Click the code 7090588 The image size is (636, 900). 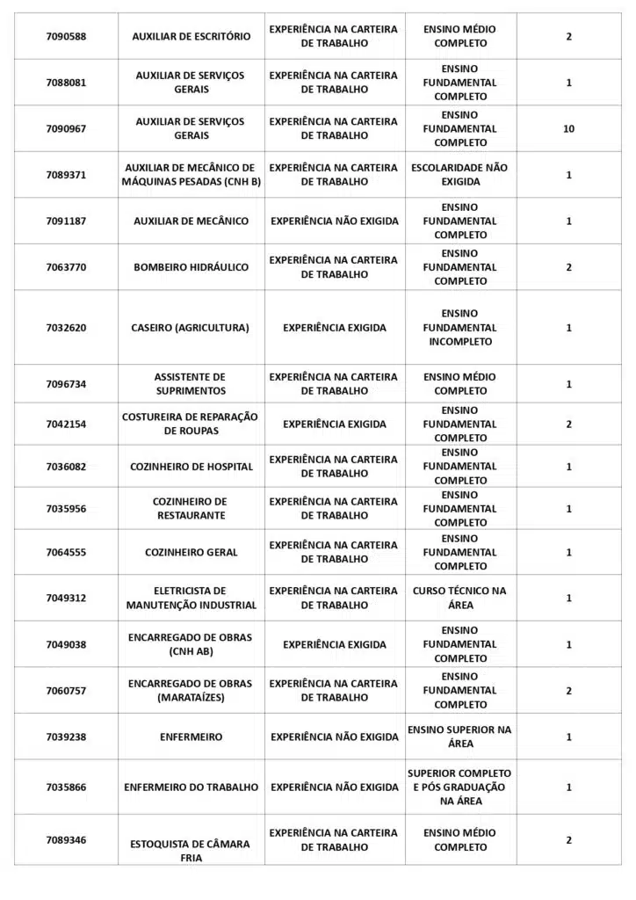click(x=66, y=36)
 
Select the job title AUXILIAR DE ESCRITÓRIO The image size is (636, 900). click(x=192, y=36)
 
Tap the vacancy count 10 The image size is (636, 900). click(x=568, y=128)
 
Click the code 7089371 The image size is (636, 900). click(x=66, y=175)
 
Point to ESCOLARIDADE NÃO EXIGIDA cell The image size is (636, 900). click(x=459, y=174)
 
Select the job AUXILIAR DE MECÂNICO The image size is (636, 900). click(x=192, y=221)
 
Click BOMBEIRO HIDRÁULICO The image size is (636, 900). click(x=192, y=267)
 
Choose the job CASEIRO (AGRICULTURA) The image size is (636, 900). click(x=191, y=328)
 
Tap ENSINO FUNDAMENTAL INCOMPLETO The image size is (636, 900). click(x=459, y=327)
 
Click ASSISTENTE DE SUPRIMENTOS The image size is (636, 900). click(x=191, y=383)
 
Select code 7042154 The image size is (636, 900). click(x=66, y=424)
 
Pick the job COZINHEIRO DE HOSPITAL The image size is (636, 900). click(x=192, y=467)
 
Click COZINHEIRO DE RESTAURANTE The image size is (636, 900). click(x=191, y=508)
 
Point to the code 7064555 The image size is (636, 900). click(x=66, y=552)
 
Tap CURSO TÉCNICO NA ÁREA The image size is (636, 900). click(x=459, y=598)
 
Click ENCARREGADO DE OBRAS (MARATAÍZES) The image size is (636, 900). click(x=191, y=690)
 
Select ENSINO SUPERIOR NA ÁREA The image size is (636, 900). click(x=459, y=737)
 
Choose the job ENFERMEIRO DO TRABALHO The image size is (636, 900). click(x=192, y=787)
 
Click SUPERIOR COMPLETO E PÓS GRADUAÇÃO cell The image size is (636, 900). click(x=459, y=787)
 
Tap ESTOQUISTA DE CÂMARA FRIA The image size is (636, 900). click(x=191, y=851)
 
